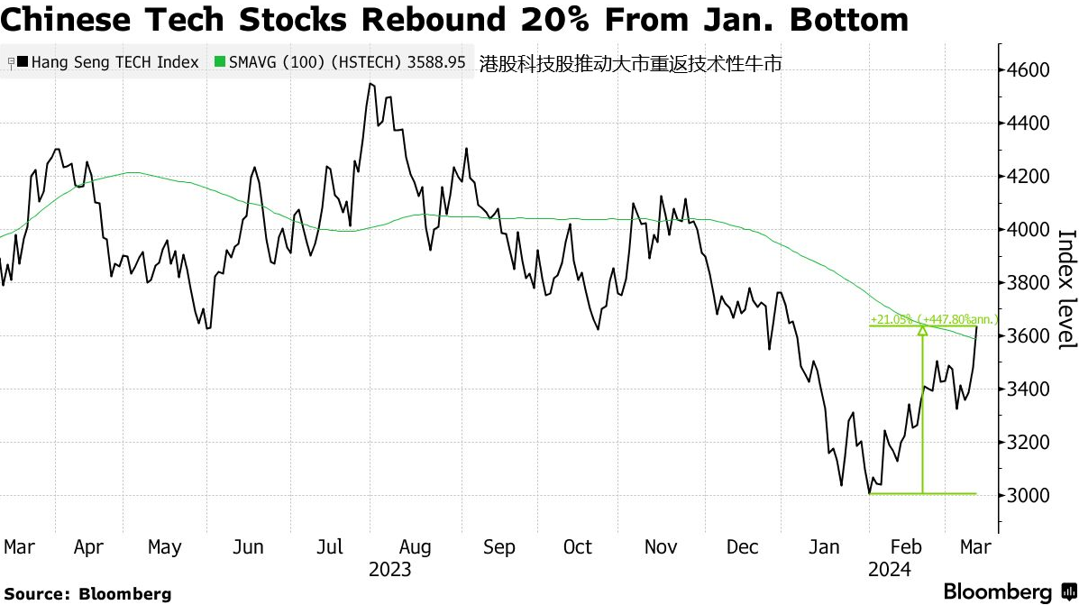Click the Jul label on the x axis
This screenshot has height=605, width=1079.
click(332, 547)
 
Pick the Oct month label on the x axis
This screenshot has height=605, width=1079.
click(577, 547)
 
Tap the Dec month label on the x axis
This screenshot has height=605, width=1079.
click(742, 547)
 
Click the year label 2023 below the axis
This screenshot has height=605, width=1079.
click(389, 570)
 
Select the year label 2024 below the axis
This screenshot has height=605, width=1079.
click(889, 570)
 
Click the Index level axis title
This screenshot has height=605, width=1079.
click(1066, 289)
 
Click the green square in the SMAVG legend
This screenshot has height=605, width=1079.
click(220, 63)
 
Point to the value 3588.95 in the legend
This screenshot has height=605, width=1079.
click(435, 63)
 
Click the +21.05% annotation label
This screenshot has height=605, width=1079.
click(892, 319)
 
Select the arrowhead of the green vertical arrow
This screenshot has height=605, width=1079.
click(922, 331)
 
